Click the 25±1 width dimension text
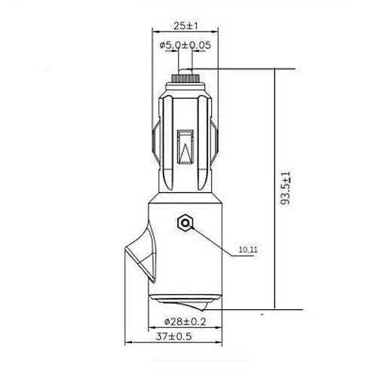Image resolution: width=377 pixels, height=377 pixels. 184,26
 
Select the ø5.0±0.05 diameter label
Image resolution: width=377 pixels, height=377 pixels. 185,45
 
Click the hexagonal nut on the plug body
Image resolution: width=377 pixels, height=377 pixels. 185,223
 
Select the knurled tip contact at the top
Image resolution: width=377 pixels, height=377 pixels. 185,77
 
